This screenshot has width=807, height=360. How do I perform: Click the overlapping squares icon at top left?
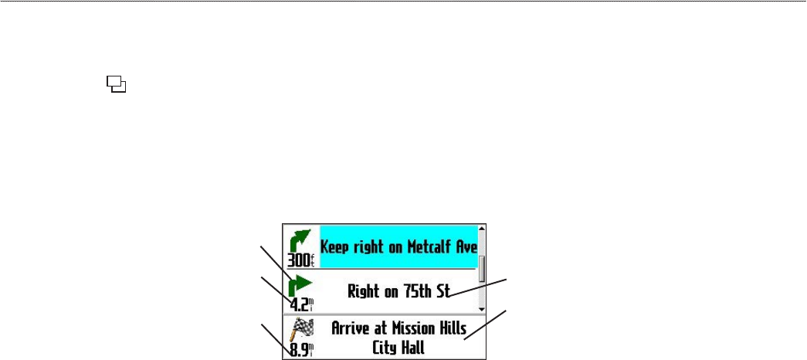click(x=117, y=84)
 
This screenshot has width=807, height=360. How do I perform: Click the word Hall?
click(x=412, y=348)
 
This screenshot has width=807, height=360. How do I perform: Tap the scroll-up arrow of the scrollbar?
click(x=481, y=228)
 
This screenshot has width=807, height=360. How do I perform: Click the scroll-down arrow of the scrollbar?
click(x=481, y=307)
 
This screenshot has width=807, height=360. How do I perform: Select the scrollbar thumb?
click(x=481, y=269)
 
